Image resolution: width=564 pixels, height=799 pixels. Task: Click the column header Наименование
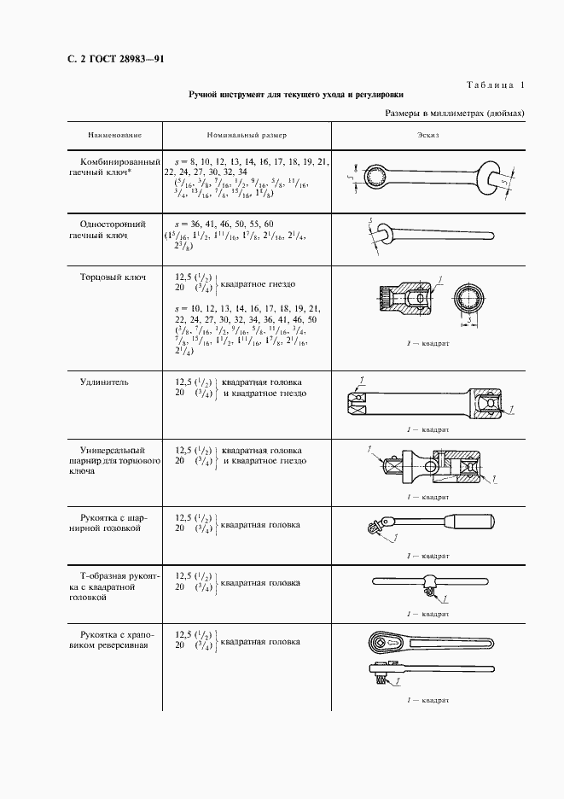(113, 136)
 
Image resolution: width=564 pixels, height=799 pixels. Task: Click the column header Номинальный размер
(247, 136)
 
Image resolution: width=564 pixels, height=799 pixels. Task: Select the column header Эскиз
(428, 136)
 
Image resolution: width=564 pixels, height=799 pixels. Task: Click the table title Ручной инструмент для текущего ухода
(296, 96)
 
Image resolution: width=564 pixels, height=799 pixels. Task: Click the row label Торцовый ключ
(112, 277)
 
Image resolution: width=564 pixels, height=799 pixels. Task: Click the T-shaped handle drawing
(428, 584)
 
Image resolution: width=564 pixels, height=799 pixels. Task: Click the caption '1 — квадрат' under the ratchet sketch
(428, 699)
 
